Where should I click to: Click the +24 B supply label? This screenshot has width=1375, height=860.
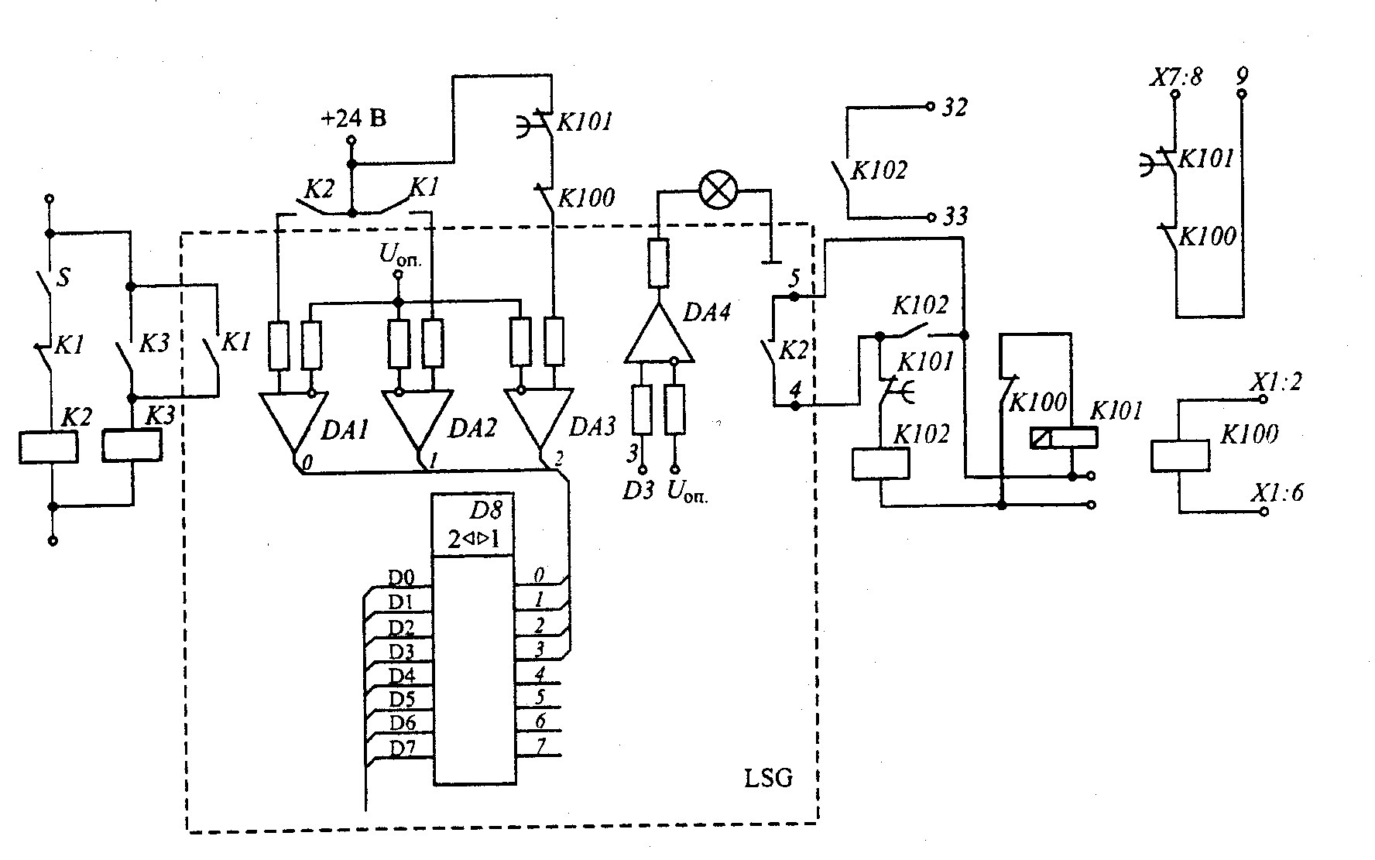(x=353, y=119)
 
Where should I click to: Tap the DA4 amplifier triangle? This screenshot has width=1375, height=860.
(x=659, y=332)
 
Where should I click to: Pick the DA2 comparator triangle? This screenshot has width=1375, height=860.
(x=417, y=421)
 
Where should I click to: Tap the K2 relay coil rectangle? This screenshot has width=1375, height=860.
(x=48, y=448)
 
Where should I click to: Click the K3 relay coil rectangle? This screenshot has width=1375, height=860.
(x=132, y=445)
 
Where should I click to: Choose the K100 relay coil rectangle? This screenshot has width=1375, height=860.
(x=1180, y=455)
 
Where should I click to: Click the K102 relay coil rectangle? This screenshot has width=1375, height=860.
(x=880, y=464)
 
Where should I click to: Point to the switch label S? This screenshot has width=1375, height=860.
(x=63, y=277)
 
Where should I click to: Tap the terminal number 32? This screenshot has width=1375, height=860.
(x=955, y=108)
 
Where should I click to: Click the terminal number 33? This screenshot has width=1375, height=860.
(x=955, y=216)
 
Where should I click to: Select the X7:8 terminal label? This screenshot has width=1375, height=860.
(x=1174, y=77)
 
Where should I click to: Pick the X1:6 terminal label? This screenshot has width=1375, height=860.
(x=1277, y=492)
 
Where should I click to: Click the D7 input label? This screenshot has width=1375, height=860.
(x=402, y=749)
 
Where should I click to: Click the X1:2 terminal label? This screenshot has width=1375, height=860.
(x=1277, y=382)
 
